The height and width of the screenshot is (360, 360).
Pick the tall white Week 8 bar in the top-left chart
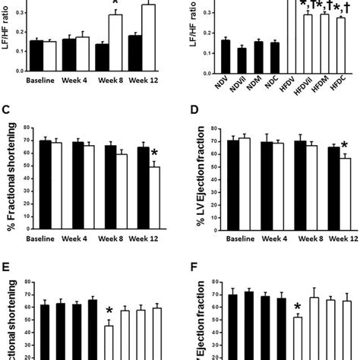tap(115, 42)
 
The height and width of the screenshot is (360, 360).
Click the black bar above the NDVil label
tap(242, 61)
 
